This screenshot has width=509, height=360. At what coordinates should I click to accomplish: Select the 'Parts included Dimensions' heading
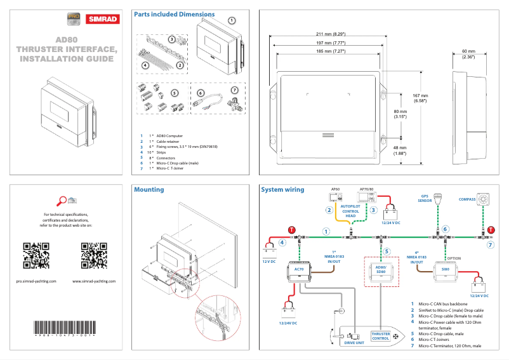click(174, 14)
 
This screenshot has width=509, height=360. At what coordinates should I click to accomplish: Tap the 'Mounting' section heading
click(149, 189)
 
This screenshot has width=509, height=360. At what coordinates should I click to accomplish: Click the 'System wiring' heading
click(282, 189)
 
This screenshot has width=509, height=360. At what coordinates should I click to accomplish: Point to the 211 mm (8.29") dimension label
click(330, 34)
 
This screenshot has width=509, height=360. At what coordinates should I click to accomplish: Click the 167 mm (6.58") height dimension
click(420, 98)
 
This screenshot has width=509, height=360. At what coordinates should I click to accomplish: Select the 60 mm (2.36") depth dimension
click(468, 54)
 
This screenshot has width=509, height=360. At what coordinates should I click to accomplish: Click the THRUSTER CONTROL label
click(381, 336)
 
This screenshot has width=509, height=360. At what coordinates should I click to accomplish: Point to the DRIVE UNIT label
click(354, 342)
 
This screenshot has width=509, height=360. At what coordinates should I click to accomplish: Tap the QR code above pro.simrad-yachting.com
click(36, 256)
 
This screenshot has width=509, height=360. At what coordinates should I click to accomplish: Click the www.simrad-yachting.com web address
click(93, 280)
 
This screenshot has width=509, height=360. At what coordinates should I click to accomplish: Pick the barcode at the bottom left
click(65, 329)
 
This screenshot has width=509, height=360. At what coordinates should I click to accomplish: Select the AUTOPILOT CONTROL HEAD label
click(352, 211)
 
